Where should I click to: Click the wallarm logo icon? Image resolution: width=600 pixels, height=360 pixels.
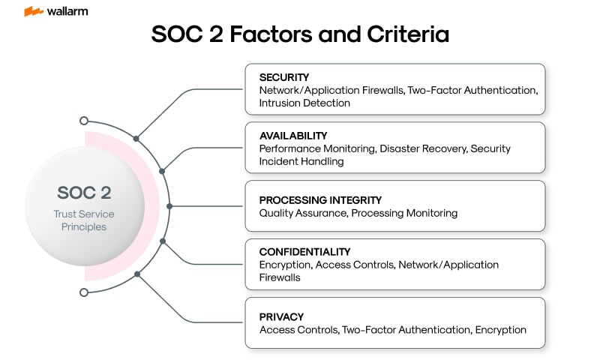[x=34, y=11]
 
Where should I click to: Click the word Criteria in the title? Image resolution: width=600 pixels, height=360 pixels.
[x=408, y=34]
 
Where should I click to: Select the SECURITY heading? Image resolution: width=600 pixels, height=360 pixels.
[x=284, y=77]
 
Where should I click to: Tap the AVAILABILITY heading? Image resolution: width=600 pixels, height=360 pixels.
[x=293, y=136]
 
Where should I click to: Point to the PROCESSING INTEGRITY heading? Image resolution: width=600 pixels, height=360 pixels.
[x=320, y=200]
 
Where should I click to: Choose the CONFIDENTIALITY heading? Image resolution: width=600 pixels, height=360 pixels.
[x=304, y=252]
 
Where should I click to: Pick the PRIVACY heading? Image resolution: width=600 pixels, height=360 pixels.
[x=281, y=316]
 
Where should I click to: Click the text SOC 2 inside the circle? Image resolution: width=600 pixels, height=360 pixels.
[x=84, y=193]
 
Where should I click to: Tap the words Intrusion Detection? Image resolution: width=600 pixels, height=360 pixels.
[x=304, y=103]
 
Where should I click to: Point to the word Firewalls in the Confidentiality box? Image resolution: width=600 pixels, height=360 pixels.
[x=280, y=277]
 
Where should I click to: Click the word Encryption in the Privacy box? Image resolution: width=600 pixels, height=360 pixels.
[x=501, y=330]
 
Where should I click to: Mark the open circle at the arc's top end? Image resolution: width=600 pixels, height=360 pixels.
[x=84, y=121]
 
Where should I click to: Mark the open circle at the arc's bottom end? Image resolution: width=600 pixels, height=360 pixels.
[x=84, y=292]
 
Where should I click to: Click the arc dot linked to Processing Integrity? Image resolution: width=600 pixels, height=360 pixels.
[x=169, y=206]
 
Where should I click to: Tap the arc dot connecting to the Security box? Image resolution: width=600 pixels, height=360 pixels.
[x=136, y=139]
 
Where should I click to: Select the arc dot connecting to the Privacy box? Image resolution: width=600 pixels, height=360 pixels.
[x=137, y=274]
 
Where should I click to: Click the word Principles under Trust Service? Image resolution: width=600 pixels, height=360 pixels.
[x=84, y=226]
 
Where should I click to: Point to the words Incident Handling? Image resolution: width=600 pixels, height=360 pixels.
[x=301, y=161]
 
